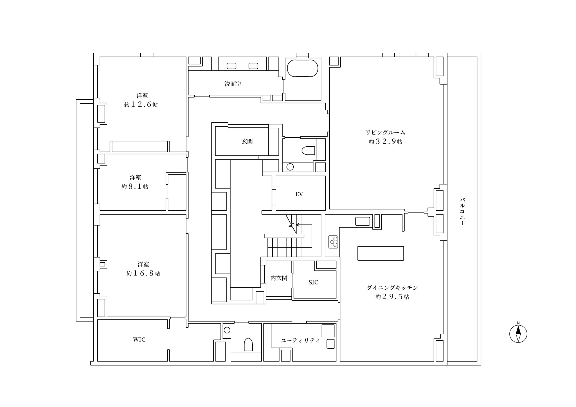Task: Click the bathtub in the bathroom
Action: point(302,68)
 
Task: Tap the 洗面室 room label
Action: point(233,84)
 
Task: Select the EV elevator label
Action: point(299,194)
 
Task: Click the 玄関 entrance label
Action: point(247,141)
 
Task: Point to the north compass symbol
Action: point(518,333)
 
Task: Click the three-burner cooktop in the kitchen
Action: point(333,242)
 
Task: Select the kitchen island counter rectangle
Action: point(380,253)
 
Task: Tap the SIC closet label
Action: point(313,282)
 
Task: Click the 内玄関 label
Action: point(279,278)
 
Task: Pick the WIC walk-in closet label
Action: point(139,340)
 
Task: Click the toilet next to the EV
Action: point(308,150)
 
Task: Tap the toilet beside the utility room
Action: point(248,344)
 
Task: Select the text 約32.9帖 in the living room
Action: point(385,142)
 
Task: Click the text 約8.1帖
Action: point(135,187)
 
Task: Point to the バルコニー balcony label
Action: point(462,212)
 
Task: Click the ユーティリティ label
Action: point(300,340)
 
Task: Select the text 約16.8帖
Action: point(143,273)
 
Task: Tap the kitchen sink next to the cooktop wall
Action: point(362,221)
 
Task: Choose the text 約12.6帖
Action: point(141,105)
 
